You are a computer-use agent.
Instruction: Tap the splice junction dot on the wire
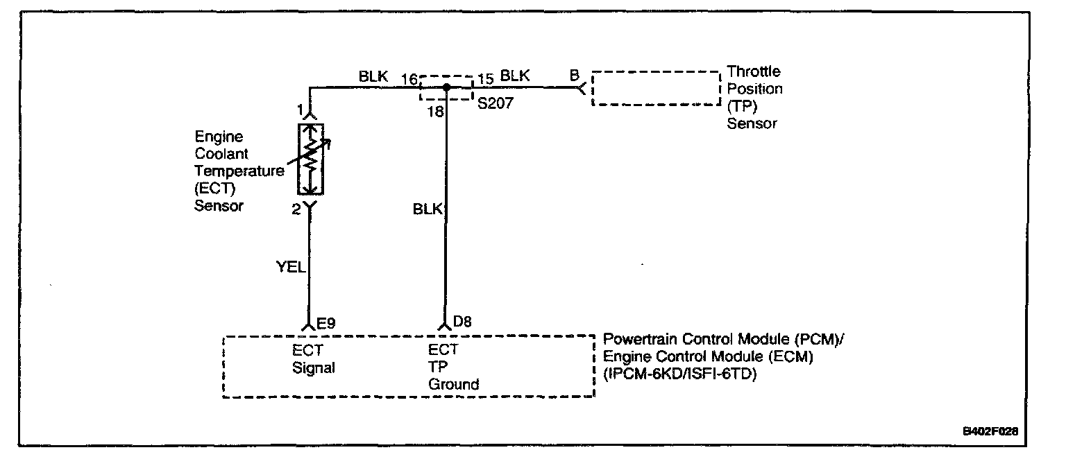tap(446, 87)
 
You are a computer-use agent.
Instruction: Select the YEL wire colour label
tap(291, 266)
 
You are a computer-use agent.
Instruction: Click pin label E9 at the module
tap(326, 322)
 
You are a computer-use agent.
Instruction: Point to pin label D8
tap(463, 322)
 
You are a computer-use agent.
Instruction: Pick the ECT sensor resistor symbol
tap(311, 159)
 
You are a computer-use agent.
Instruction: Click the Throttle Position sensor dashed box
tap(656, 88)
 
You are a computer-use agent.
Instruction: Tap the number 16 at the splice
tap(409, 77)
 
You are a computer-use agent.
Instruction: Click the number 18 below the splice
tap(436, 112)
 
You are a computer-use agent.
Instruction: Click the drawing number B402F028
tap(990, 431)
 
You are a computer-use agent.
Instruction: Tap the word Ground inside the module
tap(453, 383)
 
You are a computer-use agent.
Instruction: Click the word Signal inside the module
tap(313, 367)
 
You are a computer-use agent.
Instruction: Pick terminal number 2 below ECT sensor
tap(296, 209)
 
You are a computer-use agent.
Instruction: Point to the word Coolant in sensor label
tap(221, 153)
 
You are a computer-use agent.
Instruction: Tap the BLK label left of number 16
tap(373, 76)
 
